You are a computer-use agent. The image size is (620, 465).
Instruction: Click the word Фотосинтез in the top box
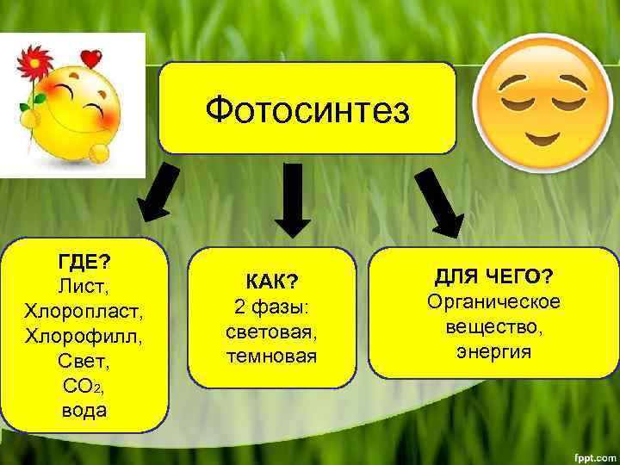307,111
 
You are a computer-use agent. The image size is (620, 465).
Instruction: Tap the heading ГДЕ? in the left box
84,259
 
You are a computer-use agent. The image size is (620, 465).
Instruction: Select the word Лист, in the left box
84,284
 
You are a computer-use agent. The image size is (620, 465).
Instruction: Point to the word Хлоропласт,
84,309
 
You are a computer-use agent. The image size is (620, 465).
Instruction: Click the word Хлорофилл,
84,334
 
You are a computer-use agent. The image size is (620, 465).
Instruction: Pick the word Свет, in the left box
84,359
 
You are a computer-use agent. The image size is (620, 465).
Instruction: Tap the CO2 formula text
84,385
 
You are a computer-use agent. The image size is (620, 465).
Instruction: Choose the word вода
84,410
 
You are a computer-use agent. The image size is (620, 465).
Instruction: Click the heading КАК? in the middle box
271,282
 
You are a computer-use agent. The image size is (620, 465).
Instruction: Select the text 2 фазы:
271,307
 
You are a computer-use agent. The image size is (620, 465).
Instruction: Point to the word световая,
271,332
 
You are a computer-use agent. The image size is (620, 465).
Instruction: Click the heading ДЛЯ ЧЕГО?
493,276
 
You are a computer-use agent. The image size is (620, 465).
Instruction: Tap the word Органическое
493,302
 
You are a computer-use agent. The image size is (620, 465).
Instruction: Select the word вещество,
493,327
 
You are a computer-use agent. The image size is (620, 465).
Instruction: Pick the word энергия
493,352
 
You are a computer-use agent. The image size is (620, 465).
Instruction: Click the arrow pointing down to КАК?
293,200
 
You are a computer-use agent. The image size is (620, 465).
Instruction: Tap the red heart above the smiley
90,59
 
